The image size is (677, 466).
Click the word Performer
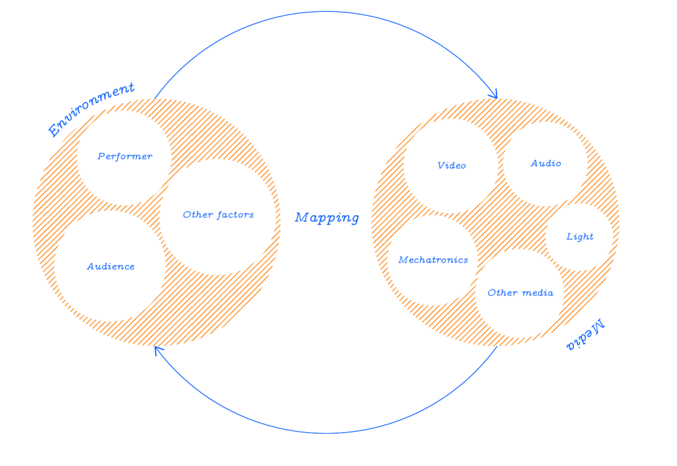click(x=125, y=157)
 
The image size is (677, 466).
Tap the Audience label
click(x=110, y=267)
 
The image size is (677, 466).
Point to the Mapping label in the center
click(x=327, y=217)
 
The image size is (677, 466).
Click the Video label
click(x=452, y=165)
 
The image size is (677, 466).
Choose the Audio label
click(x=546, y=163)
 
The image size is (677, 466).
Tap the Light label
click(x=580, y=237)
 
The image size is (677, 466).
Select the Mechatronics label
click(x=433, y=260)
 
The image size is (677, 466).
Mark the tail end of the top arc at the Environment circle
click(x=155, y=99)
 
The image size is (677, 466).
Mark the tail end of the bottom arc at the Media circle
click(x=497, y=347)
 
